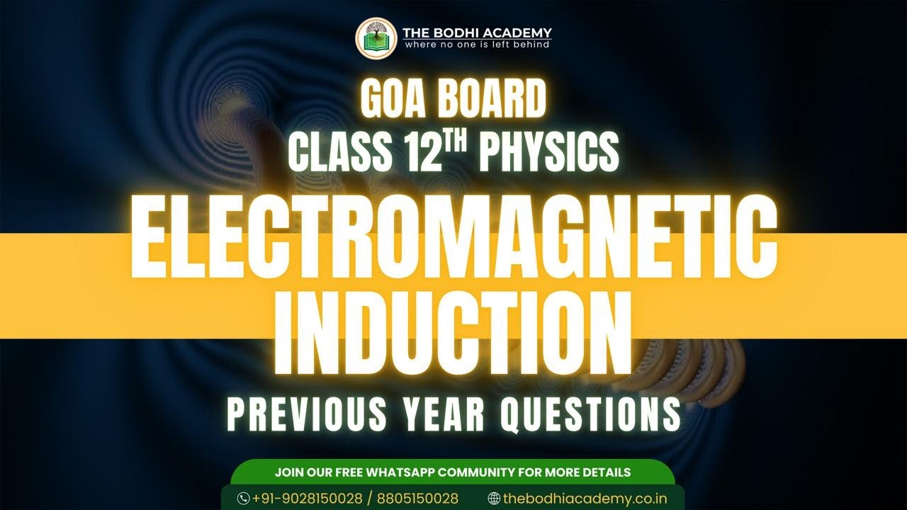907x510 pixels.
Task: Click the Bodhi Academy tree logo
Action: tap(376, 38)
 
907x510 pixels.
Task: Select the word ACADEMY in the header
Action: tap(519, 33)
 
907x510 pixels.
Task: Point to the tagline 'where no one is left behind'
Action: tap(477, 45)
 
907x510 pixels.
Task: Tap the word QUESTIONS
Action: tap(591, 414)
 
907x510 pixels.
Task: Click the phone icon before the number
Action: tap(243, 499)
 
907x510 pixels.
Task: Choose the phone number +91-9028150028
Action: tap(308, 499)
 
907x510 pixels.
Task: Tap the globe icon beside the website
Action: tap(494, 499)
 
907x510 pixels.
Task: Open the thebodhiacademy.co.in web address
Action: tap(585, 499)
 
